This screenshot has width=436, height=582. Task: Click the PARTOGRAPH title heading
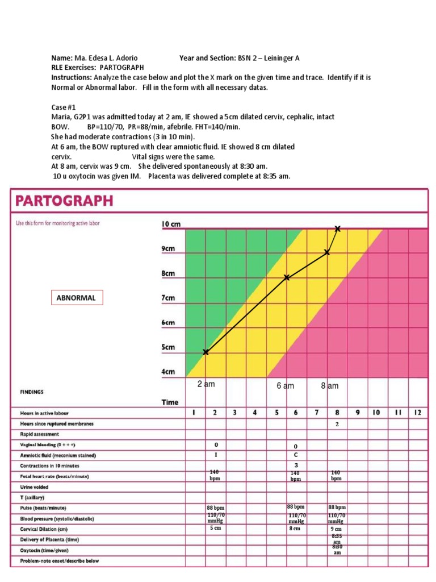64,201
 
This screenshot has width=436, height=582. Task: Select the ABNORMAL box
76,297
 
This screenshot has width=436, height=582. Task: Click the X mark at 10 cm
338,228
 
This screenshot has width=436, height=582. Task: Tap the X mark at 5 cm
206,352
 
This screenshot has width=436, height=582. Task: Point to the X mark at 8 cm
287,277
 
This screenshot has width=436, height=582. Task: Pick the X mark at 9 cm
327,252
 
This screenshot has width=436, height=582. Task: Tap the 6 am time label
286,386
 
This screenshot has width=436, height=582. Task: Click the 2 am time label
206,384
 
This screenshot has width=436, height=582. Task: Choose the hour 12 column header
417,413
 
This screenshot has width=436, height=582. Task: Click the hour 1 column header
194,413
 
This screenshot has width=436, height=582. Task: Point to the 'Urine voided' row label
35,487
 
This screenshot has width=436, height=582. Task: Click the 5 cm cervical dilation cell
215,528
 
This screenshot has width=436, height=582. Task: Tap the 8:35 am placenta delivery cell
337,538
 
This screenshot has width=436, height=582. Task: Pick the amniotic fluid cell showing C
296,455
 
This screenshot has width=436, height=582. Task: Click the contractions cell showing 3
296,465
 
